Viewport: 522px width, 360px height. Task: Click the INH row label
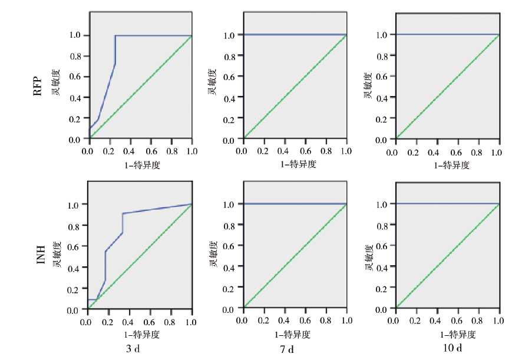pos(41,255)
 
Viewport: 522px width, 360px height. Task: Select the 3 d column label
pos(133,349)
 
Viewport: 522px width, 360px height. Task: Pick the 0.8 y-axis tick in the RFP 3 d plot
pos(75,56)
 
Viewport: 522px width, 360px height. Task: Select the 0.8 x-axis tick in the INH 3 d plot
pos(172,322)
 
